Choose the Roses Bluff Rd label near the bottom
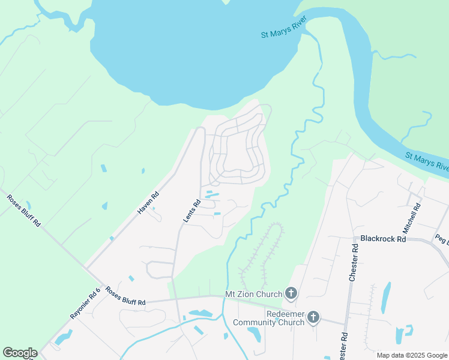pyautogui.click(x=125, y=296)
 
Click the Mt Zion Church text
pyautogui.click(x=253, y=294)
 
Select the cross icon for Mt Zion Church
pyautogui.click(x=291, y=293)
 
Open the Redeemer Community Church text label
pyautogui.click(x=266, y=318)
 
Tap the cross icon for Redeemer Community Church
pyautogui.click(x=313, y=317)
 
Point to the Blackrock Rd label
pyautogui.click(x=383, y=238)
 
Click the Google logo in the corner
pyautogui.click(x=20, y=353)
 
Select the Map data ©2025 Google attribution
pyautogui.click(x=412, y=355)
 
